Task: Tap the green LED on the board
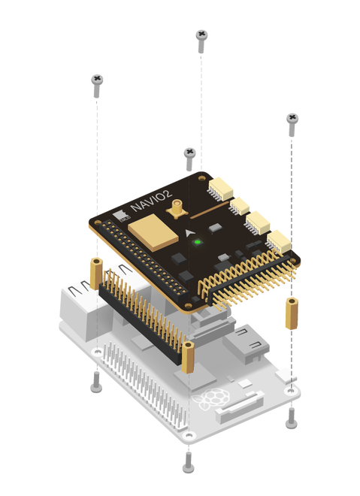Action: tap(198, 241)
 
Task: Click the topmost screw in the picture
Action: tap(201, 35)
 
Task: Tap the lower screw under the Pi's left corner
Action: tap(95, 386)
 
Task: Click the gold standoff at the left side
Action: tap(96, 273)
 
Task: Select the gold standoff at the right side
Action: tap(290, 313)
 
